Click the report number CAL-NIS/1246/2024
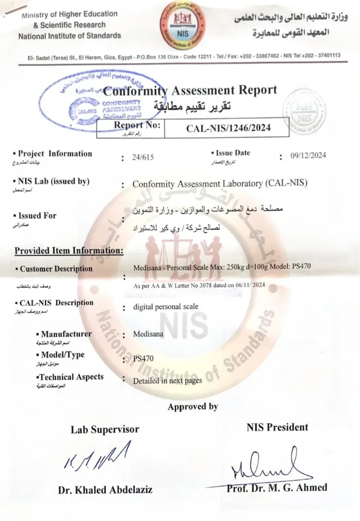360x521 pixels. tap(228, 128)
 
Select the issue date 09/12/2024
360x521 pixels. tap(308, 156)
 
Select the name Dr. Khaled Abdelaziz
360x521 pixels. tap(105, 490)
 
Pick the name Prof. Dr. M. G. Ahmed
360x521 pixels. tap(277, 487)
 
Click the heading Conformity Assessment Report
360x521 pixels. tap(190, 91)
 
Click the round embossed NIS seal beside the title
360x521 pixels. tap(304, 111)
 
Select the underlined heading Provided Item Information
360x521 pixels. tap(69, 250)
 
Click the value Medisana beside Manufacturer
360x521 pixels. tap(148, 335)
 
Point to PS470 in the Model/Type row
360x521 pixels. tap(143, 359)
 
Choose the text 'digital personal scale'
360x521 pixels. tap(165, 307)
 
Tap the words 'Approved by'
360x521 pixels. tap(193, 407)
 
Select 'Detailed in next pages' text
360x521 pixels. tap(167, 381)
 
